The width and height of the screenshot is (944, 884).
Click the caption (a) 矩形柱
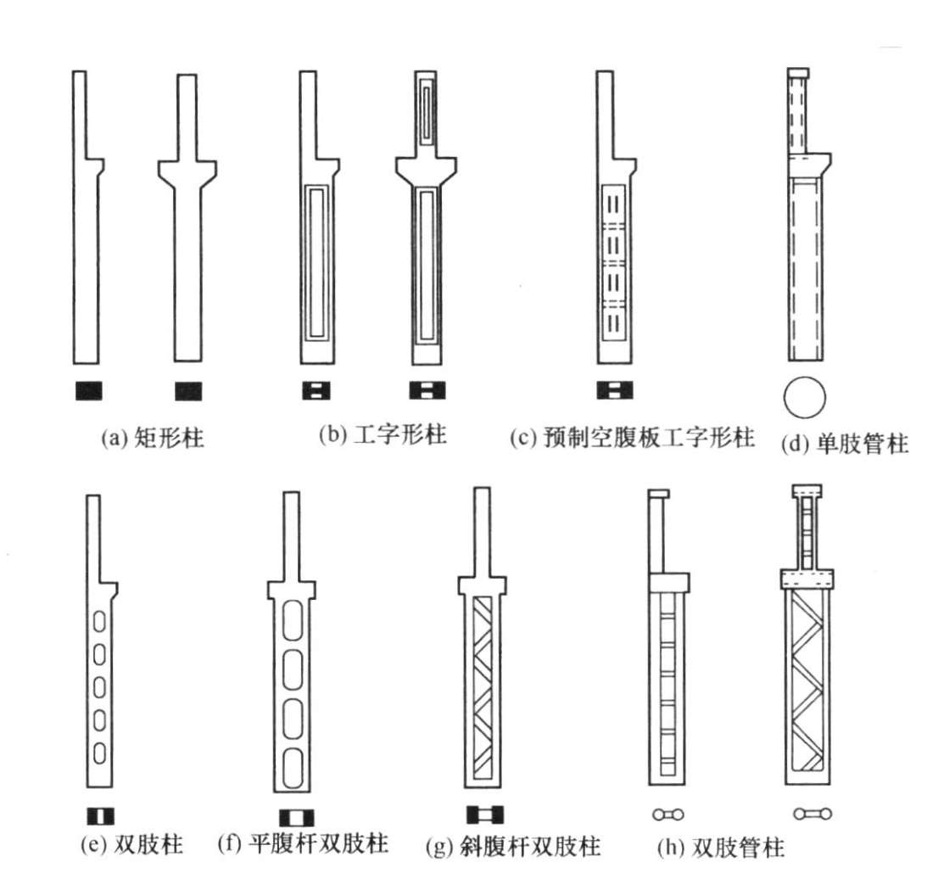coord(152,439)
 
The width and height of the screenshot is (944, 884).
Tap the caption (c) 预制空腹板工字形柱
coord(631,438)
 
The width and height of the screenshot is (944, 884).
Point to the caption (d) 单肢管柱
coord(844,442)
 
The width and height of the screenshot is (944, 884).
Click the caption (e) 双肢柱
coord(128,845)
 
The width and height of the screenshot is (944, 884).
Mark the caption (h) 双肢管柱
coord(720,847)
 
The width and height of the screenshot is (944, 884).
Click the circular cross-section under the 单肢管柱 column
coord(803,396)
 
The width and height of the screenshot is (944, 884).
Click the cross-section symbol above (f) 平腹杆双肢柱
coord(296,818)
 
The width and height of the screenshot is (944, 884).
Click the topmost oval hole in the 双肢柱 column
coord(99,623)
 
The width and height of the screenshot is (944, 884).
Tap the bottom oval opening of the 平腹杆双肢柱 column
coord(293,762)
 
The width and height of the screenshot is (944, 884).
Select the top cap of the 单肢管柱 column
coord(799,73)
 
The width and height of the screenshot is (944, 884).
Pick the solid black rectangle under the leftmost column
coord(88,390)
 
